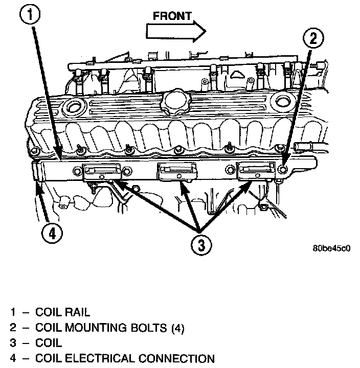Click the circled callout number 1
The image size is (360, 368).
click(30, 14)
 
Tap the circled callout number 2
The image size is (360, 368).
click(313, 38)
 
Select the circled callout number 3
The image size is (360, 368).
click(201, 245)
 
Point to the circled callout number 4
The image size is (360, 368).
click(52, 234)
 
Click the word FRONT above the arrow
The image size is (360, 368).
click(172, 16)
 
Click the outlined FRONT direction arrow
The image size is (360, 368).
click(176, 31)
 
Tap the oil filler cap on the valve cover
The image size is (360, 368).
click(176, 102)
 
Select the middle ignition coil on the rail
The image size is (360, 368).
click(177, 172)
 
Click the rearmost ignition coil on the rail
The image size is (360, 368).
click(102, 172)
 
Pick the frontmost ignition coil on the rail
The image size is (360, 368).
click(256, 171)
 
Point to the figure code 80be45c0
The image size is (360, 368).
click(331, 248)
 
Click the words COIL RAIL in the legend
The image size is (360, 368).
click(62, 312)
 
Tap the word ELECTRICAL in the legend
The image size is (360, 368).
click(100, 358)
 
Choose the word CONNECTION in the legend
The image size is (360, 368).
click(176, 358)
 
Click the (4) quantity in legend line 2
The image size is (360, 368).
click(178, 328)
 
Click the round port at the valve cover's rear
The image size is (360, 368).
click(73, 107)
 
